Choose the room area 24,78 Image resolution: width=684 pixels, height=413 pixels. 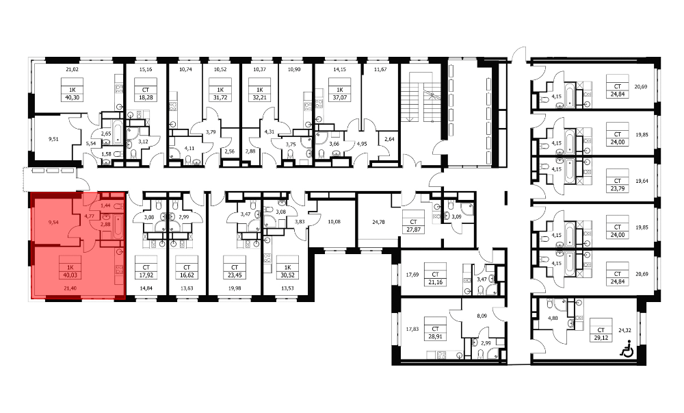coord(379,222)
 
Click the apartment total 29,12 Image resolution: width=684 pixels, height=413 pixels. coord(601,338)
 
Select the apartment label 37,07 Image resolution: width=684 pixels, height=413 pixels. coord(340,98)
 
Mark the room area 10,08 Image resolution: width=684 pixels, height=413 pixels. coord(334,222)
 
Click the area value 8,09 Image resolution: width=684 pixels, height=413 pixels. coord(482,316)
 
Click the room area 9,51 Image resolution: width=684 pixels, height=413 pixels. coord(53,139)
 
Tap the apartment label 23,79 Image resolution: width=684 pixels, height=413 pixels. coord(617,188)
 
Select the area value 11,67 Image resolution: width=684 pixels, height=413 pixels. coord(380,69)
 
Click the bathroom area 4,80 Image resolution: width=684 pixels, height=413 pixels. coord(553,318)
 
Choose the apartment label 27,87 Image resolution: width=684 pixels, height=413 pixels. coord(413,229)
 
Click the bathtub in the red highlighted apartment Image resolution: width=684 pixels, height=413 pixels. coord(118,227)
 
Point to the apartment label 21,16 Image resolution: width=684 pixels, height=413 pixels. coord(435,282)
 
